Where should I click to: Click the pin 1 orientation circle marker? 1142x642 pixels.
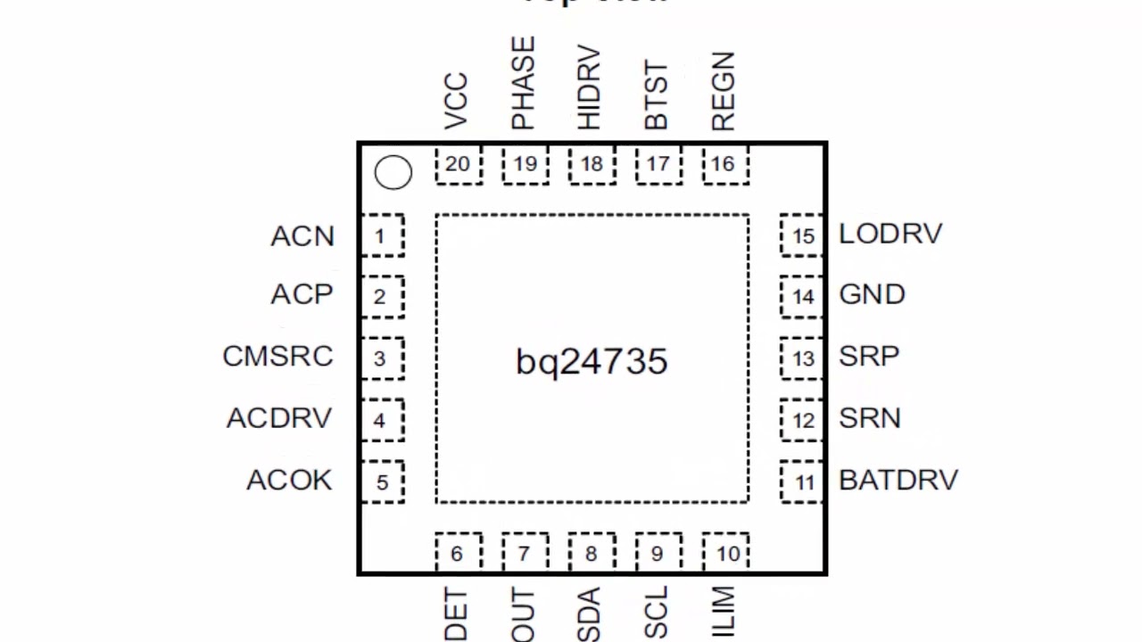[x=393, y=173]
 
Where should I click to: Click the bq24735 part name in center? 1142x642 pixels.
[x=592, y=361]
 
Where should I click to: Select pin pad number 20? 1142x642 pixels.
[x=458, y=165]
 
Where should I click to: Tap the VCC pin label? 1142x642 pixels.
[x=456, y=101]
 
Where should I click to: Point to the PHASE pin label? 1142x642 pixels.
[x=523, y=84]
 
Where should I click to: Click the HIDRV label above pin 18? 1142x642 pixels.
[x=589, y=87]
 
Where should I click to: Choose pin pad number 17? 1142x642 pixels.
[x=658, y=165]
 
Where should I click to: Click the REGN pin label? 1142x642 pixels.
[x=723, y=91]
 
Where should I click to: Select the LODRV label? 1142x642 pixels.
[x=890, y=234]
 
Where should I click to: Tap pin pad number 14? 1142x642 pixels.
[x=802, y=297]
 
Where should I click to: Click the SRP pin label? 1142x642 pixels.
[x=869, y=356]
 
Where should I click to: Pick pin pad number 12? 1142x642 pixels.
[x=802, y=420]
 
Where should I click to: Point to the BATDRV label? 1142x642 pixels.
[x=898, y=480]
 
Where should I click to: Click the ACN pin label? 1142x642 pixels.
[x=302, y=236]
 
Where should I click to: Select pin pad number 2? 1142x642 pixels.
[x=381, y=297]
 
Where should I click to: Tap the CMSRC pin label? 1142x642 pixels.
[x=277, y=356]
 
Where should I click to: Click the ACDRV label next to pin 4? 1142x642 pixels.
[x=279, y=417]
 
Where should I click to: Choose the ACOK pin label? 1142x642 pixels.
[x=289, y=480]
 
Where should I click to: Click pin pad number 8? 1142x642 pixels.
[x=591, y=554]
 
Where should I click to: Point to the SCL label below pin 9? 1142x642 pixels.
[x=656, y=613]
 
